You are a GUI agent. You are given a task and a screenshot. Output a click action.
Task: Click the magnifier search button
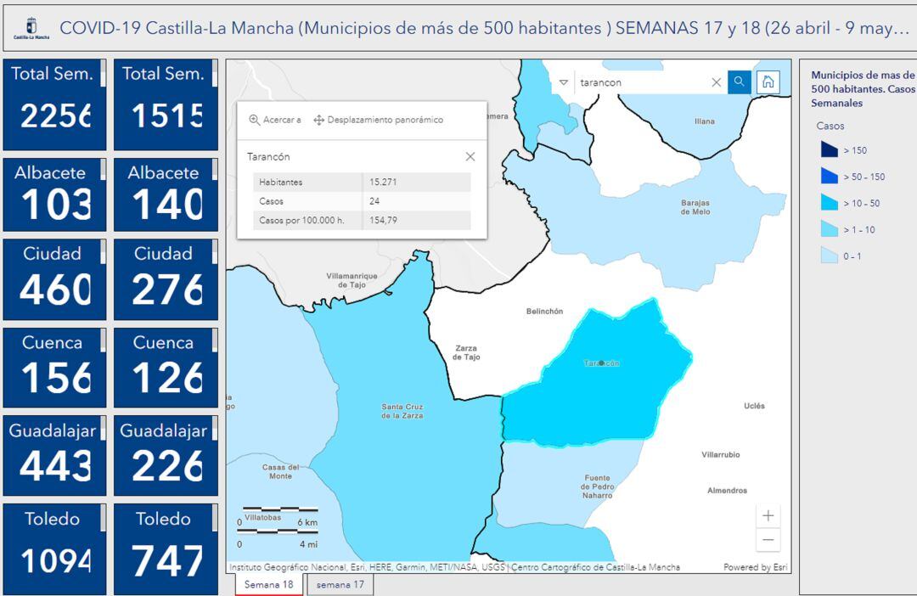point(740,82)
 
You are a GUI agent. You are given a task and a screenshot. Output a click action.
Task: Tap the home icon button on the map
point(768,82)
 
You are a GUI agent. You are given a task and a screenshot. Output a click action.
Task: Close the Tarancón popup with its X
point(470,157)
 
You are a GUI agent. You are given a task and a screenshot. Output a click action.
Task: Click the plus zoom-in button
point(768,515)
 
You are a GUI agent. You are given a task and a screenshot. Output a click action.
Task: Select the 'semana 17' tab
point(340,585)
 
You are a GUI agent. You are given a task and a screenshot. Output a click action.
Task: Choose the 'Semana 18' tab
point(268,585)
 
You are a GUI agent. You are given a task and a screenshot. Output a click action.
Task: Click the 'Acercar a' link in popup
point(275,121)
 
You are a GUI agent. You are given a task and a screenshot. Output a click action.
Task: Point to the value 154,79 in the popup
point(384,221)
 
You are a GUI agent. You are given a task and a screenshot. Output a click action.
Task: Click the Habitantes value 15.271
point(384,183)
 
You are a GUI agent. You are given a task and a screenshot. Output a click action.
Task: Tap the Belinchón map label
point(544,312)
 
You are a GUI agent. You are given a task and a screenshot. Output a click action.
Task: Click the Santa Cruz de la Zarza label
point(402,412)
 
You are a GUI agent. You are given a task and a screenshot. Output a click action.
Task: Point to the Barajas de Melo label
point(695,207)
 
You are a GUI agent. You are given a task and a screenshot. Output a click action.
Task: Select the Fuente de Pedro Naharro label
point(597,486)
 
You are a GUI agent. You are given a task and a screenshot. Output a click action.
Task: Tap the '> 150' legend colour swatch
point(830,150)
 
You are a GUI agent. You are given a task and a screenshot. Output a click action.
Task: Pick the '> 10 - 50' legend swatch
point(830,203)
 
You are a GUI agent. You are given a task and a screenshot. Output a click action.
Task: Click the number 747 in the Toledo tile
point(167,560)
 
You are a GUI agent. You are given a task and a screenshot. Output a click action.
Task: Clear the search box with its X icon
point(716,82)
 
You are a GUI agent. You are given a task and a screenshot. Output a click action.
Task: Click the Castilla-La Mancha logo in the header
point(32,28)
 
